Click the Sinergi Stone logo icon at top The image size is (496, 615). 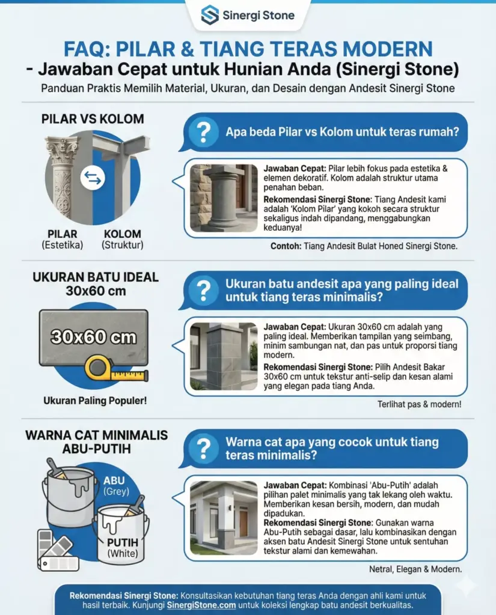210,15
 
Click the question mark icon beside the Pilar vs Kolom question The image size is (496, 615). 204,132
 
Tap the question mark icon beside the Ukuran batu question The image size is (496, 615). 204,289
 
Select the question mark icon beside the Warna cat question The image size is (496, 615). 204,448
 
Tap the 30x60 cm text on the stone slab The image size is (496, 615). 93,336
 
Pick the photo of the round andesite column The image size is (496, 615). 223,198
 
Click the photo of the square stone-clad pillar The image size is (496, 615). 223,356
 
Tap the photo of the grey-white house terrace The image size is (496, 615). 223,516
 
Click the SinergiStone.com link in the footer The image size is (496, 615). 201,605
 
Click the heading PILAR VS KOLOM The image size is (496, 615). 93,119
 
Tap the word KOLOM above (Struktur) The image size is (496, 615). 123,234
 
